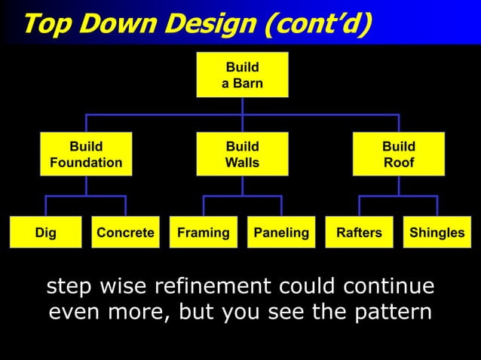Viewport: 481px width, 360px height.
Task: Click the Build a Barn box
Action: [x=242, y=75]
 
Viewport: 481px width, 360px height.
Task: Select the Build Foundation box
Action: [x=86, y=154]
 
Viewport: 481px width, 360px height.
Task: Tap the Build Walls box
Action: [x=242, y=154]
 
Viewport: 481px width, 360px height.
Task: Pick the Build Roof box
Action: [x=398, y=154]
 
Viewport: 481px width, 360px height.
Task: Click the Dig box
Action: [x=45, y=233]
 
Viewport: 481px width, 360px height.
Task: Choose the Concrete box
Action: [x=125, y=233]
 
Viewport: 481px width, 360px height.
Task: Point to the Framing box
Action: [x=203, y=233]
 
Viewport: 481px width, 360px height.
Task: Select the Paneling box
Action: [x=281, y=233]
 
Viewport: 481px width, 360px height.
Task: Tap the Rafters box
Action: [x=359, y=233]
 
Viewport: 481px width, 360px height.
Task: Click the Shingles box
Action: [x=437, y=233]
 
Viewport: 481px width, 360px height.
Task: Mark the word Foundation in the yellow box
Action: [x=86, y=163]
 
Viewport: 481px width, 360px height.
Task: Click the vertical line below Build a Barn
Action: [x=242, y=106]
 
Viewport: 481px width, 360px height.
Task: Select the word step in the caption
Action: [x=71, y=287]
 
